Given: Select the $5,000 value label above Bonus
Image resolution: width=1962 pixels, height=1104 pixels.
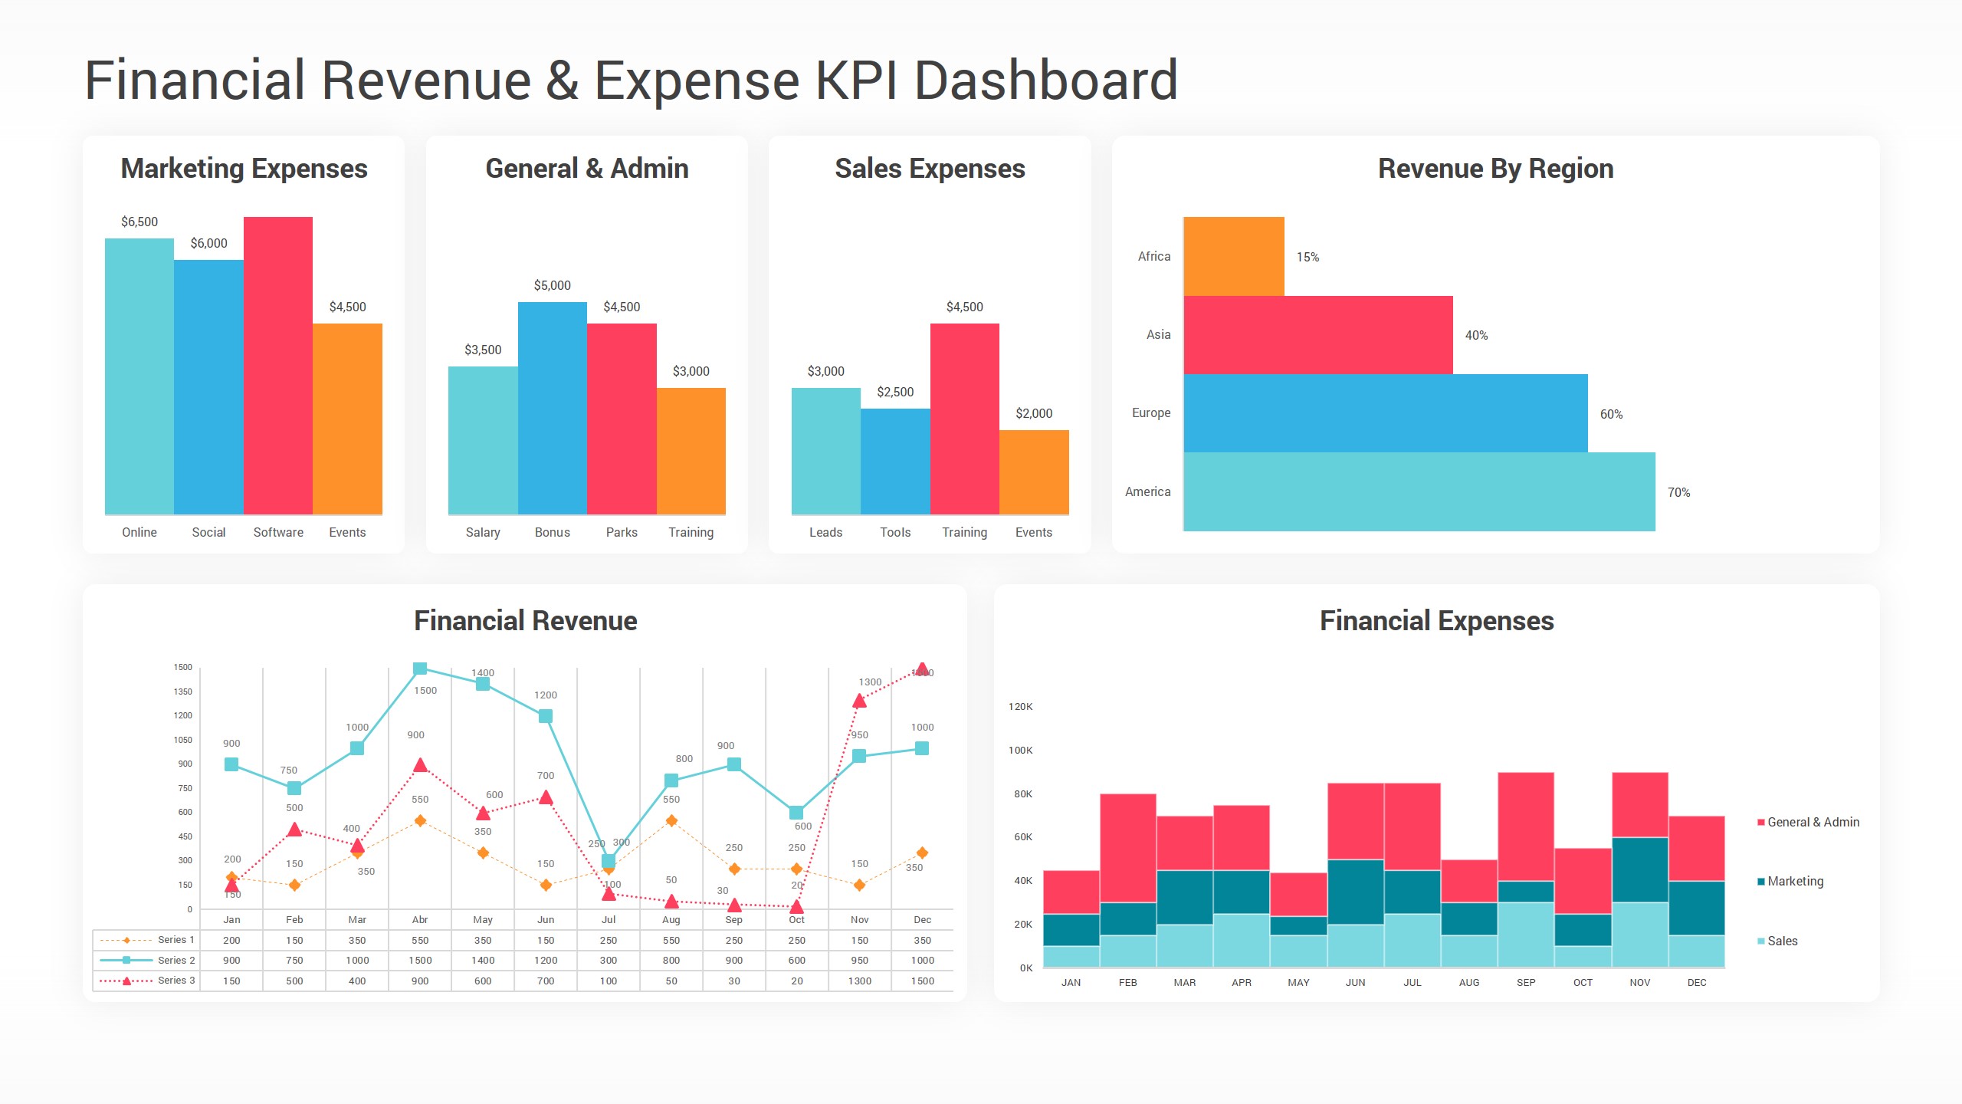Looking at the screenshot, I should coord(552,285).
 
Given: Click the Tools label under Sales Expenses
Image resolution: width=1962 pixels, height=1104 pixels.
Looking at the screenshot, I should coord(894,532).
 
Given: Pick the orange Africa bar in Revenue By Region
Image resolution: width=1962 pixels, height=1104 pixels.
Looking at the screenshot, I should coord(1234,256).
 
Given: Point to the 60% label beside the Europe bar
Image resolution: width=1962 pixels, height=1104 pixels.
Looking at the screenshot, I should coord(1611,414).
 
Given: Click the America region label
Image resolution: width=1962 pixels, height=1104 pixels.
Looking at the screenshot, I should coord(1147,491).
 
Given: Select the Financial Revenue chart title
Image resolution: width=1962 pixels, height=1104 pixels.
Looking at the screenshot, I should coord(525,620).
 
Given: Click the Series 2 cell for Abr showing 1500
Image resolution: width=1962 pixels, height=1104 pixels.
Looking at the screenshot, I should coord(420,960).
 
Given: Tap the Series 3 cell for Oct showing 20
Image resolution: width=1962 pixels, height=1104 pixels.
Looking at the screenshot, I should coord(796,981).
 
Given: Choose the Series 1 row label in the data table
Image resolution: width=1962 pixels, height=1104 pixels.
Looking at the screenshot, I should coord(176,940).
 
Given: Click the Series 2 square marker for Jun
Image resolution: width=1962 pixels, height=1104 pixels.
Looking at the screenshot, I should coord(546,716).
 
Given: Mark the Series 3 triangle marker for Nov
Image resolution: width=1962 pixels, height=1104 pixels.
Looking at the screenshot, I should coord(859,701).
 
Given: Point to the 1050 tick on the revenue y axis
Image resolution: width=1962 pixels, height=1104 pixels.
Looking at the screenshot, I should coord(182,740).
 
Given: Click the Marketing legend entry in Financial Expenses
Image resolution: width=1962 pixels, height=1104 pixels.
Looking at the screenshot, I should coord(1794,881).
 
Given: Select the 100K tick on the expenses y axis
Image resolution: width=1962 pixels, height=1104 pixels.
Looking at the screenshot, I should coord(1020,750).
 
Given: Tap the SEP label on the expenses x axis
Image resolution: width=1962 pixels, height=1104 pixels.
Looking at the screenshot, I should coord(1525,982).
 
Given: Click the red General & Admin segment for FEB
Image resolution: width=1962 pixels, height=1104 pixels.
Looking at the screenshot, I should coord(1127,847).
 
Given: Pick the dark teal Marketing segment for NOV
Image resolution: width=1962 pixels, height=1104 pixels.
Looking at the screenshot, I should coord(1639,869).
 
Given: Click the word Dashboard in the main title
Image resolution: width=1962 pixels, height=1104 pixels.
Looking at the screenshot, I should coord(1045,80).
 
